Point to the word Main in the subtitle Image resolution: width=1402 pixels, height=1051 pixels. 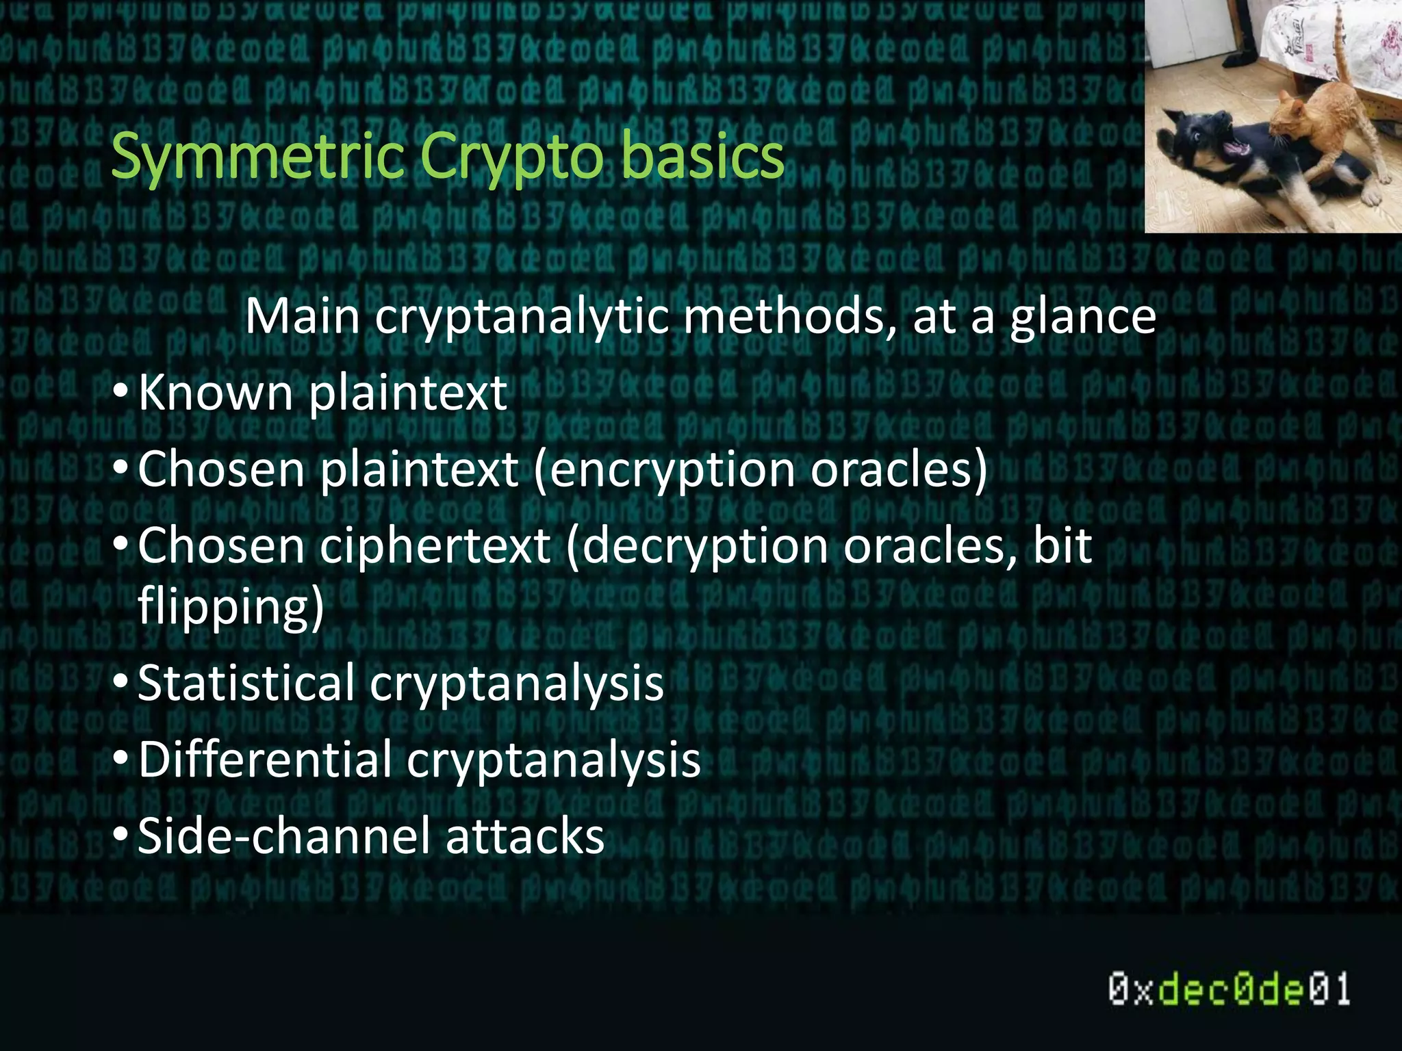pyautogui.click(x=302, y=316)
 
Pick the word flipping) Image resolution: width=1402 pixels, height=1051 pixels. pyautogui.click(x=231, y=606)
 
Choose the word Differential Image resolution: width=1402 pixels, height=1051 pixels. pyautogui.click(x=265, y=760)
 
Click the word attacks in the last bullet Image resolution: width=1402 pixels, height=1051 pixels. pyautogui.click(x=525, y=836)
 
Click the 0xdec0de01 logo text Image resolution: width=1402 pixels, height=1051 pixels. pyautogui.click(x=1229, y=989)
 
